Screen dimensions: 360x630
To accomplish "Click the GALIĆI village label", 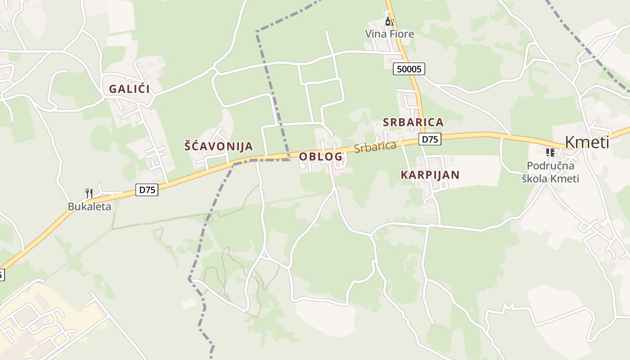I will coord(129,89).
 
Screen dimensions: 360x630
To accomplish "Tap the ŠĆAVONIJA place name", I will coord(219,146).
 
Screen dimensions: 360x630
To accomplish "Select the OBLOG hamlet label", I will coord(321,157).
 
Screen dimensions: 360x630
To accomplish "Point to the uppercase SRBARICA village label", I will coord(413,122).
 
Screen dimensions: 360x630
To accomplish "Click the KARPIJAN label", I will coord(430,175).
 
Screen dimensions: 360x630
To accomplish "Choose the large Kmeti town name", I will coord(587,142).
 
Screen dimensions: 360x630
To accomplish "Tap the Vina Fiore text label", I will coord(389,34).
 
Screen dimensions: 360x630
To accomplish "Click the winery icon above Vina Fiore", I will coord(389,21).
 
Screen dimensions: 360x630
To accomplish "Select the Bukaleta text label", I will coord(89,207).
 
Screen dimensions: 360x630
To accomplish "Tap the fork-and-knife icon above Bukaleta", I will coord(89,193).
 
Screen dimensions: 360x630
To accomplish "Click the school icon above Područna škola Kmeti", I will coord(550,153).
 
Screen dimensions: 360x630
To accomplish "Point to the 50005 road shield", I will coord(409,69).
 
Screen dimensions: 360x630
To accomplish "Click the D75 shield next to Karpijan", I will coord(430,139).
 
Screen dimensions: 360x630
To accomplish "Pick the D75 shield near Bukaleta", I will coord(147,190).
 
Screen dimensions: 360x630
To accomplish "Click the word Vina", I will coord(374,34).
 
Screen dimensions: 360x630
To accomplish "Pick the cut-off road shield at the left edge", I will coord(1,274).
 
